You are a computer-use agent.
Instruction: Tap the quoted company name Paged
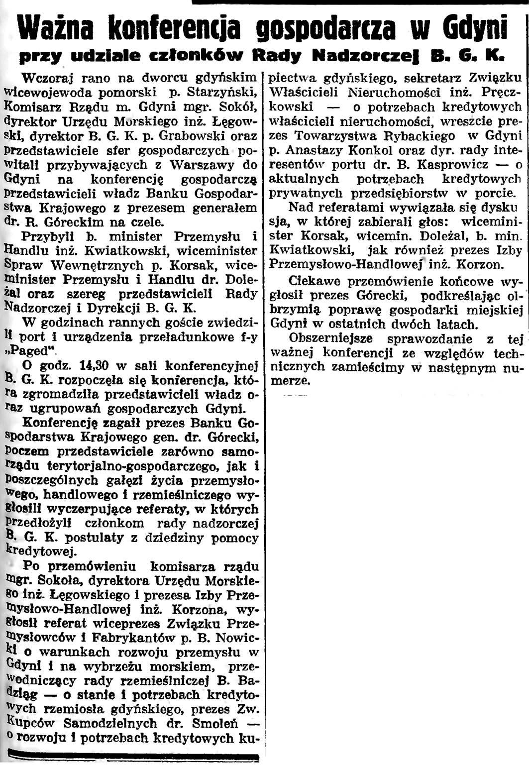coord(31,352)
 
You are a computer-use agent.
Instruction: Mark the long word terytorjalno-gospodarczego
coord(132,467)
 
